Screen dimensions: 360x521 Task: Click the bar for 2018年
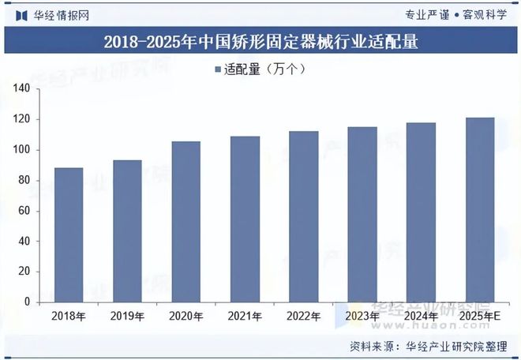coord(68,234)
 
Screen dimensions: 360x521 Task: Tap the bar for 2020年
coord(186,221)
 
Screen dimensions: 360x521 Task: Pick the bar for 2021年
coord(245,219)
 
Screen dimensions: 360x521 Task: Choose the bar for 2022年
coord(304,216)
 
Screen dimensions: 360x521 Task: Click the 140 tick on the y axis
coord(21,89)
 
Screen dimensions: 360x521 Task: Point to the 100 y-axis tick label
coord(21,150)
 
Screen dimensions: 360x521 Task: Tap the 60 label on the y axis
coord(24,211)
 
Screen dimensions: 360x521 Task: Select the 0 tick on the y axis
coord(27,302)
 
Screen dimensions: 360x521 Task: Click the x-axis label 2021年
coord(245,317)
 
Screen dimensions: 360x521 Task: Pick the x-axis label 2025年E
coord(480,317)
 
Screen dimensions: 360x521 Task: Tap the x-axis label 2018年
coord(68,317)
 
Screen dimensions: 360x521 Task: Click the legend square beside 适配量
coord(218,69)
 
